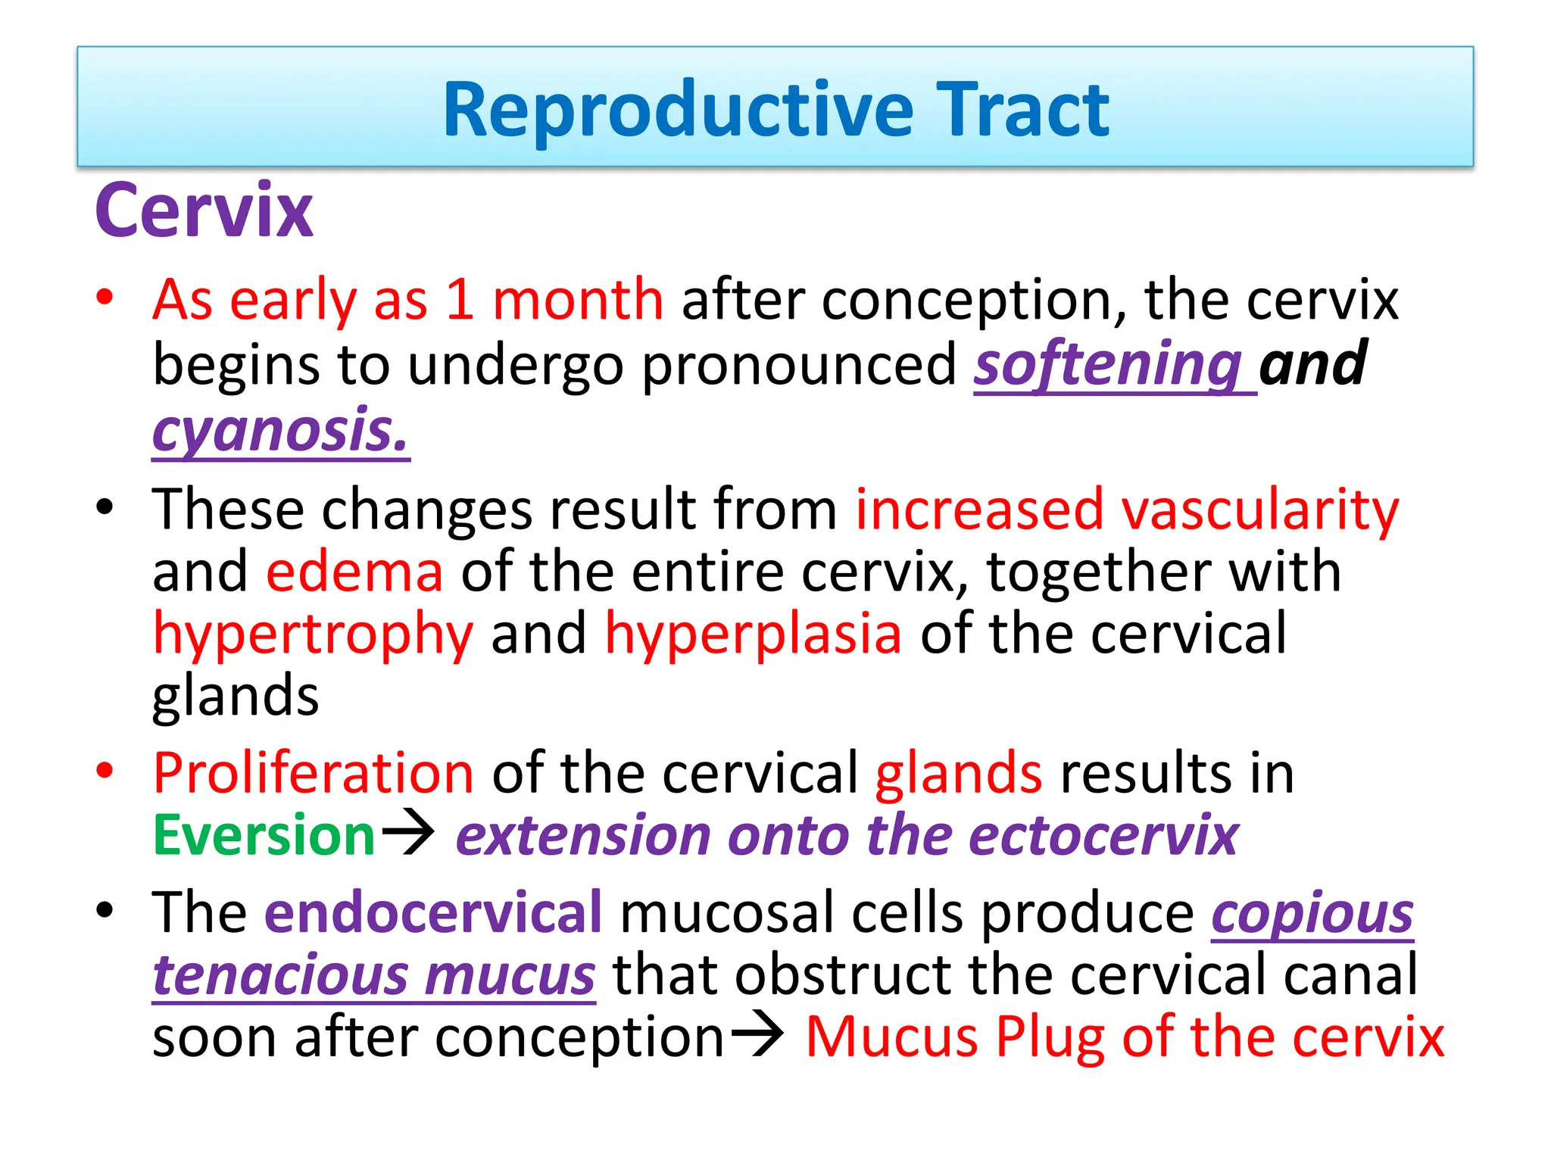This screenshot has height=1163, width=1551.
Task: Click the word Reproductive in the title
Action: (x=679, y=111)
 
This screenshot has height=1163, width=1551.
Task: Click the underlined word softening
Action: (x=1108, y=364)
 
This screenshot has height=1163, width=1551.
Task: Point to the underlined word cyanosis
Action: (x=281, y=430)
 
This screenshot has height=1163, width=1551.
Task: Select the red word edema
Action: (x=354, y=572)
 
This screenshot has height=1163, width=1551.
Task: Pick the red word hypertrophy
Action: (x=313, y=635)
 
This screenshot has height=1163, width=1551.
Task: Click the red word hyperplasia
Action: (x=754, y=635)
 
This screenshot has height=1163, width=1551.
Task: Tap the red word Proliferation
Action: (x=313, y=773)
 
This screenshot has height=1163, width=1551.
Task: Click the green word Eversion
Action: (x=264, y=835)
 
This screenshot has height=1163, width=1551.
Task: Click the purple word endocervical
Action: (x=433, y=912)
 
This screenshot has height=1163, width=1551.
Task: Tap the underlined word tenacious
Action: (x=281, y=975)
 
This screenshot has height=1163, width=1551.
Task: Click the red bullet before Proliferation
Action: (x=105, y=770)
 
